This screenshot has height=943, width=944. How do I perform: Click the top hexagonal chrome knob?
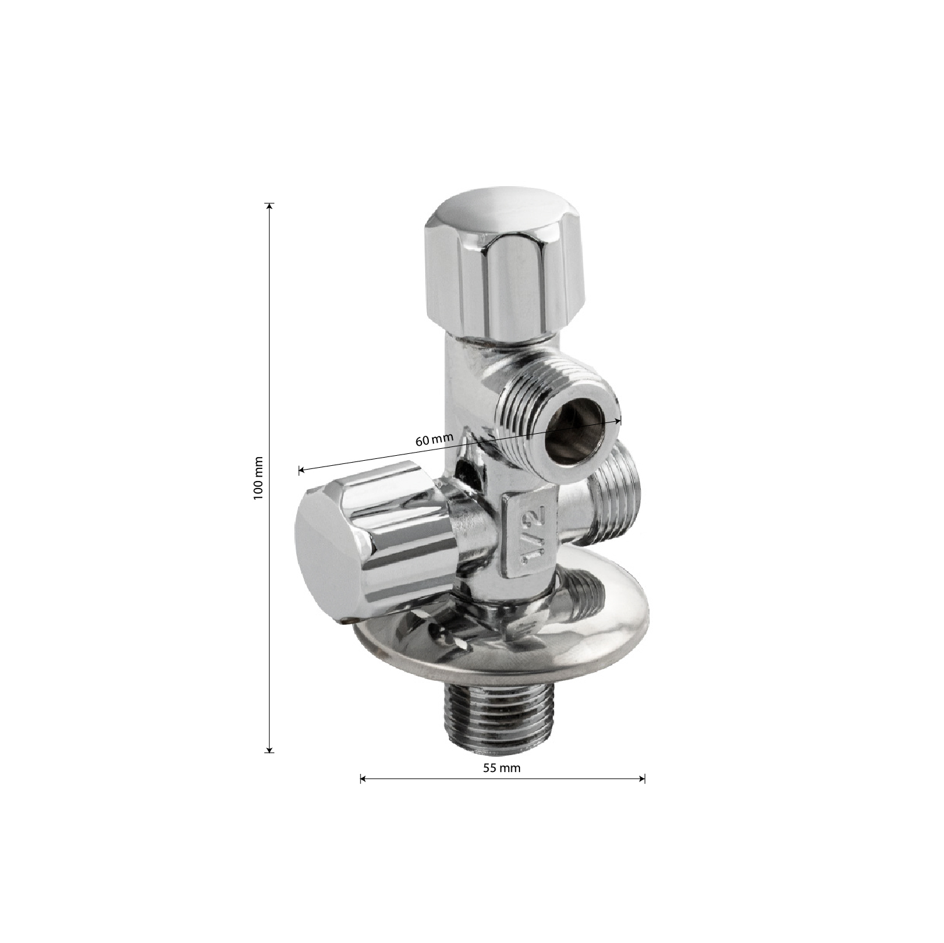click(506, 270)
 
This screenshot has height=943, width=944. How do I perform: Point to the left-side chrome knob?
click(374, 541)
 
